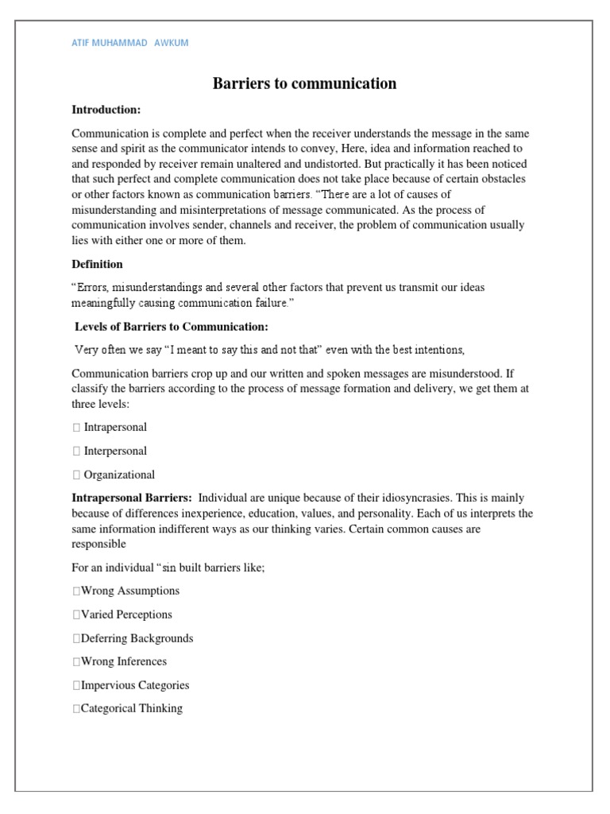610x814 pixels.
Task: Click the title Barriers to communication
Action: point(304,83)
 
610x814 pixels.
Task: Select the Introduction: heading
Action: point(106,109)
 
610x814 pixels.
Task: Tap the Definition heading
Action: point(97,264)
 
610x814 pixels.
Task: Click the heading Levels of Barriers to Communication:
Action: point(172,327)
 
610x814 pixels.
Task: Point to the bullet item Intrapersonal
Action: point(115,427)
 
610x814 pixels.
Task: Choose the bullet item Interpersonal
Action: point(115,451)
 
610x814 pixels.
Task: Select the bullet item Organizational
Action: point(119,475)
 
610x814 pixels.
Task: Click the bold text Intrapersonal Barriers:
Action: point(132,498)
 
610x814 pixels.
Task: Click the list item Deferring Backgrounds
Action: point(136,638)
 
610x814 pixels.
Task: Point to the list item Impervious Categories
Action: point(134,685)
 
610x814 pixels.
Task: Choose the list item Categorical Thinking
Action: point(130,708)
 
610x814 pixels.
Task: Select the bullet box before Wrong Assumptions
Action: point(75,591)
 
